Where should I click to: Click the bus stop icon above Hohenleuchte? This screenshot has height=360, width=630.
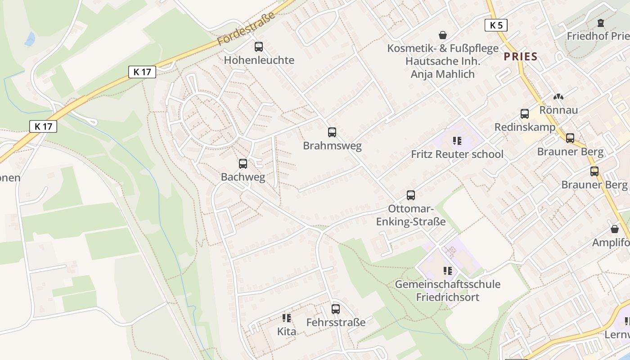(259, 46)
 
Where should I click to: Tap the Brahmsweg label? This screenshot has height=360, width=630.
(332, 146)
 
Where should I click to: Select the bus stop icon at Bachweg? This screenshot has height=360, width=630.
(243, 163)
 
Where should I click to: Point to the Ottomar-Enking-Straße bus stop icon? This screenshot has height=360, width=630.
(411, 195)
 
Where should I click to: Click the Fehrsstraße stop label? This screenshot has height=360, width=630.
(336, 322)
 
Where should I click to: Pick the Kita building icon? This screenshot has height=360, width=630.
(287, 318)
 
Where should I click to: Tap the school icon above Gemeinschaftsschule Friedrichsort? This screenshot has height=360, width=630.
(447, 270)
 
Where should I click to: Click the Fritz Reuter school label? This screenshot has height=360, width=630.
(457, 154)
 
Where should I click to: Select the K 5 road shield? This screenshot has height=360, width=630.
(496, 25)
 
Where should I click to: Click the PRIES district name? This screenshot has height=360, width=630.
(521, 56)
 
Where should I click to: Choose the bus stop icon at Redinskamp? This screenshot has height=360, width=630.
(525, 114)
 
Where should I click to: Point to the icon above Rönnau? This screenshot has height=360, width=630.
(558, 96)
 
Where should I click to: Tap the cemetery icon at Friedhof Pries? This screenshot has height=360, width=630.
(600, 22)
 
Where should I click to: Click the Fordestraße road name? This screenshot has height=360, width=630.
(246, 29)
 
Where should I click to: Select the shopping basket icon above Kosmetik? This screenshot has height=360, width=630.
(443, 35)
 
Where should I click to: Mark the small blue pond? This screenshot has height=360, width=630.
(30, 39)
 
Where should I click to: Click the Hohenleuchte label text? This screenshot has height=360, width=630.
(259, 60)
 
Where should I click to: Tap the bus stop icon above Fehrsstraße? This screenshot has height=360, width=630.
(336, 309)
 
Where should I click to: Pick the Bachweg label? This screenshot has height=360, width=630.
(243, 177)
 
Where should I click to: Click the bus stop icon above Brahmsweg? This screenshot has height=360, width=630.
(332, 132)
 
